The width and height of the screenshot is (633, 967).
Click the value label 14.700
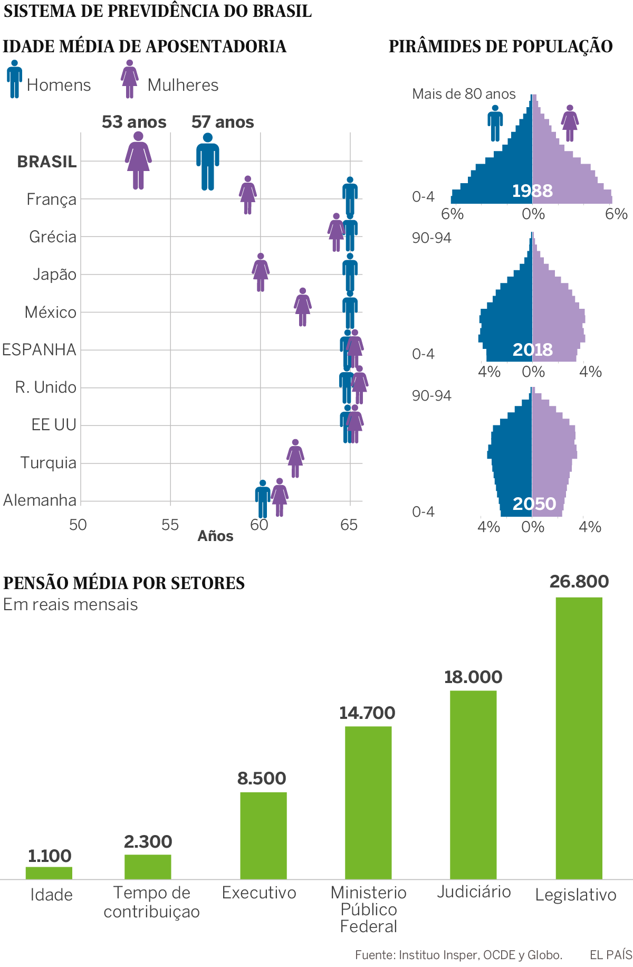coord(367,713)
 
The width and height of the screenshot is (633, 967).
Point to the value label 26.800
coord(579,582)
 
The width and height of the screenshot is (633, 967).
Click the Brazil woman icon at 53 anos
coord(138,160)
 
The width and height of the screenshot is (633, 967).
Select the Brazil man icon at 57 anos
coord(208,162)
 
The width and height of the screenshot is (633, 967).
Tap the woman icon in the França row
coord(248,195)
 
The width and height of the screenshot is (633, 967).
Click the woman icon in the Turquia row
coord(295,458)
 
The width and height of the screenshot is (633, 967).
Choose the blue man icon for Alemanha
coord(263,499)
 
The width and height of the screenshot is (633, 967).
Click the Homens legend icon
coord(15,79)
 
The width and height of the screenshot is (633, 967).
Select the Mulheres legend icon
coord(130,79)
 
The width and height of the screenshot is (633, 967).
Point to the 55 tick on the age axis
coord(170,525)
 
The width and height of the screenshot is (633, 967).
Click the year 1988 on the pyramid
coord(532,191)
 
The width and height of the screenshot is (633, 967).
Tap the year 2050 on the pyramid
coord(534,504)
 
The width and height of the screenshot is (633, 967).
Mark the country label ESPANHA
coord(40,350)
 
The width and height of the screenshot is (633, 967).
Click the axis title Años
coord(215,536)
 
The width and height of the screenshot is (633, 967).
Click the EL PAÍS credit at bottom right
coord(611,954)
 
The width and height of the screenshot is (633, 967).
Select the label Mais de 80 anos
coord(464,94)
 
